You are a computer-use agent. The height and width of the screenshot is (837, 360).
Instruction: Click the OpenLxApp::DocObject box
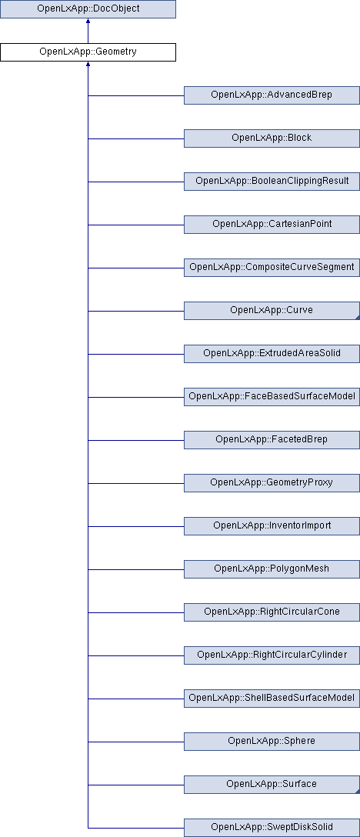click(x=88, y=9)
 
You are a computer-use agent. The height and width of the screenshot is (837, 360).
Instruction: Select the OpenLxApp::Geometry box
click(x=88, y=52)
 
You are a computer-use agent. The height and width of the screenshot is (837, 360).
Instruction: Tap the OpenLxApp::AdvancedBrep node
click(x=272, y=95)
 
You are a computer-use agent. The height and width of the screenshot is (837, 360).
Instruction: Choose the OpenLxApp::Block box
click(x=272, y=138)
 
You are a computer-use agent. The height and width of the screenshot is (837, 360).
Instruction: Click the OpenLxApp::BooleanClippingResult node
click(x=272, y=182)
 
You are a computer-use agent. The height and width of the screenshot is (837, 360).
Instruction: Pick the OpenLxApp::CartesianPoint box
click(x=272, y=224)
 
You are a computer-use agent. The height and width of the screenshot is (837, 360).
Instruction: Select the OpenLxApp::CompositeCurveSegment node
click(x=272, y=268)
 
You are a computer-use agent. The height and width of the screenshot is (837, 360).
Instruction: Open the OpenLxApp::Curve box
click(x=272, y=311)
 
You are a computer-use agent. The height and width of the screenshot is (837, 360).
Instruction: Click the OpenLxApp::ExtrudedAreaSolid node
click(x=272, y=354)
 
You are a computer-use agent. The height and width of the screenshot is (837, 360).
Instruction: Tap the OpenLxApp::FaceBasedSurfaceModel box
click(x=272, y=397)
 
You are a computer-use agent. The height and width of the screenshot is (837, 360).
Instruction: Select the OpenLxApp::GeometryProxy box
click(x=272, y=483)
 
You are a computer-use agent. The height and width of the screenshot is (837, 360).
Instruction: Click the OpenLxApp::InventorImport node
click(x=272, y=526)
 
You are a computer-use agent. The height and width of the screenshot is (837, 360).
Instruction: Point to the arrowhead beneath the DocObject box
click(x=88, y=21)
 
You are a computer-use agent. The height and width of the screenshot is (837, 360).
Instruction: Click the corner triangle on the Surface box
click(x=358, y=791)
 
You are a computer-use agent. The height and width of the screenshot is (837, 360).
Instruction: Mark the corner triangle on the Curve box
click(x=358, y=318)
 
